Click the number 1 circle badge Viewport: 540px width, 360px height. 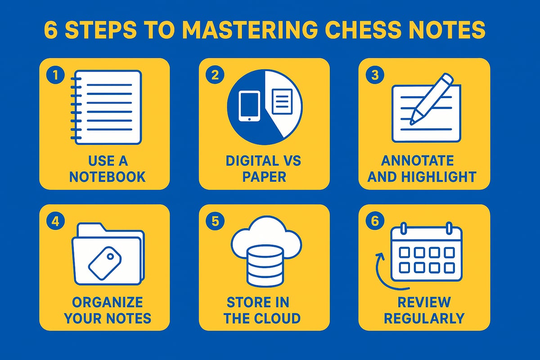(55, 75)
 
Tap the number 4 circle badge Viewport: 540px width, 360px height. (55, 221)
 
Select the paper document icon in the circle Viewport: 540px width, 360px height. (282, 101)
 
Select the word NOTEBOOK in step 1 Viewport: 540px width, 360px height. (107, 176)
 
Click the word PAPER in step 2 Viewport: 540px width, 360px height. (264, 176)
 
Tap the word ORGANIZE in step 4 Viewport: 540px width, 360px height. (107, 302)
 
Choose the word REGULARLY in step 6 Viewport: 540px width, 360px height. (424, 318)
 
